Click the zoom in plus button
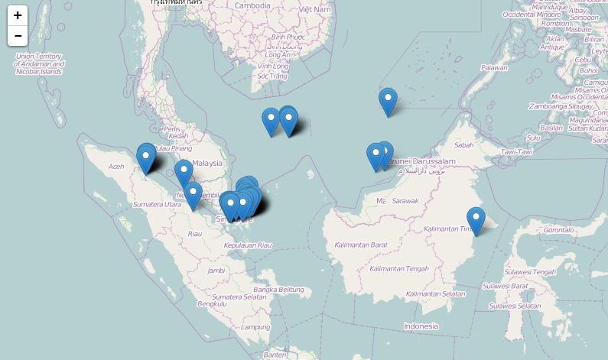(x=18, y=15)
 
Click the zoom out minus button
(x=18, y=36)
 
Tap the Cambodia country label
(x=252, y=5)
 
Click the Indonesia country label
(x=421, y=326)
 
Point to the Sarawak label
(x=405, y=201)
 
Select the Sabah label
(x=463, y=144)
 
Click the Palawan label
(x=494, y=68)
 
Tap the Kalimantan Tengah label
(x=398, y=269)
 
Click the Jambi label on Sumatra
(x=216, y=270)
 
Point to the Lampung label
(x=255, y=327)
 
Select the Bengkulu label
(x=212, y=303)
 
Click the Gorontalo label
(x=558, y=229)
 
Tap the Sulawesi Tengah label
(x=529, y=272)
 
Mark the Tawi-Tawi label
(x=516, y=152)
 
